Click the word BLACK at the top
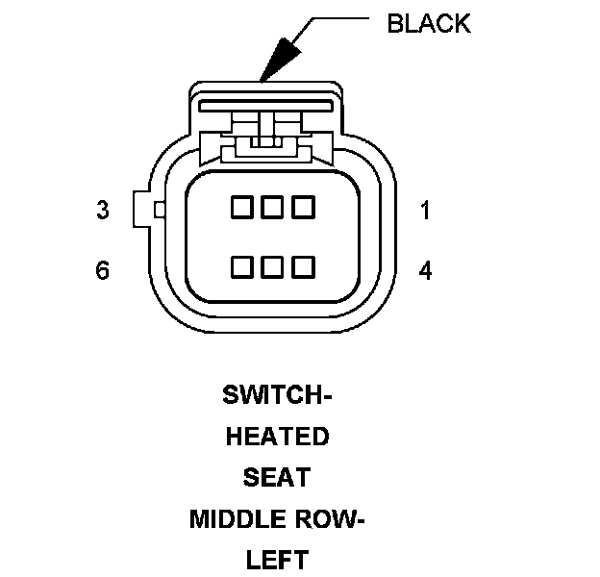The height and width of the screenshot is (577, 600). [x=429, y=24]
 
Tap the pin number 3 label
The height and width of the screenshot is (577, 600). [x=103, y=210]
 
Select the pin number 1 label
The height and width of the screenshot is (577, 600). [x=425, y=210]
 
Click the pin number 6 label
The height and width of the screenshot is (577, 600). [x=103, y=270]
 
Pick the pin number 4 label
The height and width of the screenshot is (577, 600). [x=425, y=270]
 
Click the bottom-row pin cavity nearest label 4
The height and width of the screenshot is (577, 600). [x=305, y=266]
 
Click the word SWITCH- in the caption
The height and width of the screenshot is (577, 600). [x=277, y=395]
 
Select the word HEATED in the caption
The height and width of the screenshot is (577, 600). [x=277, y=437]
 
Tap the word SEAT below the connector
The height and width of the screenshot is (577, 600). [x=277, y=478]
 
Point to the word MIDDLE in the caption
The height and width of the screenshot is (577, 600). [x=234, y=519]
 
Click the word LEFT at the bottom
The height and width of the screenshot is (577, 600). [x=277, y=560]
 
